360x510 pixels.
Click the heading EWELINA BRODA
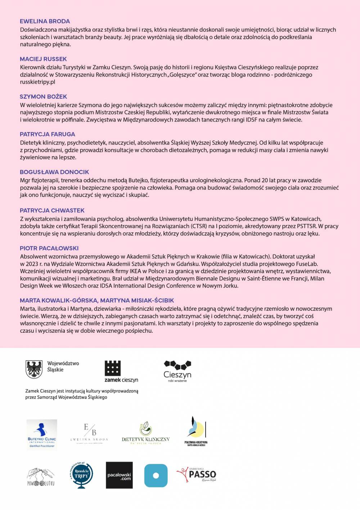[45, 21]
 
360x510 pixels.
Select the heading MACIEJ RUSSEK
[43, 59]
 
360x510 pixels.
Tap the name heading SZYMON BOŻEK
[43, 97]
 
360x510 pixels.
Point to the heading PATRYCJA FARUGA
[47, 134]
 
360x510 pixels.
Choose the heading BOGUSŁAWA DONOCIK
[54, 172]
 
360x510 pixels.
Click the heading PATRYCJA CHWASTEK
[52, 210]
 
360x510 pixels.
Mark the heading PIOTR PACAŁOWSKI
[49, 248]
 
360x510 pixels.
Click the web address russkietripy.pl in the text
[37, 82]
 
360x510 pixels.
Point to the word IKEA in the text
[135, 271]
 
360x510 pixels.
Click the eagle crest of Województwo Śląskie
[34, 369]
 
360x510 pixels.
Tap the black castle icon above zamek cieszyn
[113, 368]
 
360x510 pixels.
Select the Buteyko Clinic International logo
[42, 434]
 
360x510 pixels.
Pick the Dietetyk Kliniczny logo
[145, 434]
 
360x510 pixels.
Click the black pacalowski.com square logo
[119, 475]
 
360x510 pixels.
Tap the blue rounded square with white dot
[156, 475]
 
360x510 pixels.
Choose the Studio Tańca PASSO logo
[196, 475]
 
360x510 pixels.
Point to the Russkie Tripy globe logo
[82, 475]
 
